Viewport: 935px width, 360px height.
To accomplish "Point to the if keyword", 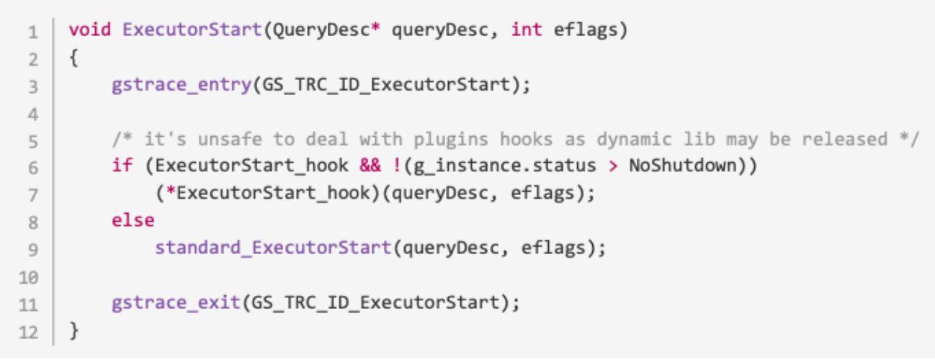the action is (x=122, y=166).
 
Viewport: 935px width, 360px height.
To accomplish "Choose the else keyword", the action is (x=133, y=221).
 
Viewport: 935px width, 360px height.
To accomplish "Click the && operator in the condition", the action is (x=370, y=166).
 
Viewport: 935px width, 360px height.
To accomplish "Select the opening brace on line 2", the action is (x=73, y=58).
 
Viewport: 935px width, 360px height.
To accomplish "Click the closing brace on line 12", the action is (x=73, y=330).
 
